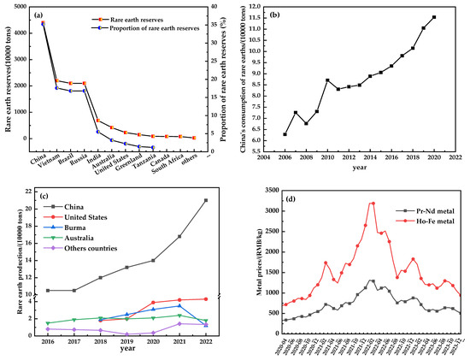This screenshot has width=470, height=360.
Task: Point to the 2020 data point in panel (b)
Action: (x=434, y=17)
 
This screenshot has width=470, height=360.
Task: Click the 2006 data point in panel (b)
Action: (x=285, y=134)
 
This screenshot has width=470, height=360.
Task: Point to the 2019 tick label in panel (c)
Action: (x=127, y=339)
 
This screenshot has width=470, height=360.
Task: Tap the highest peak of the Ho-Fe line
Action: (x=372, y=203)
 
